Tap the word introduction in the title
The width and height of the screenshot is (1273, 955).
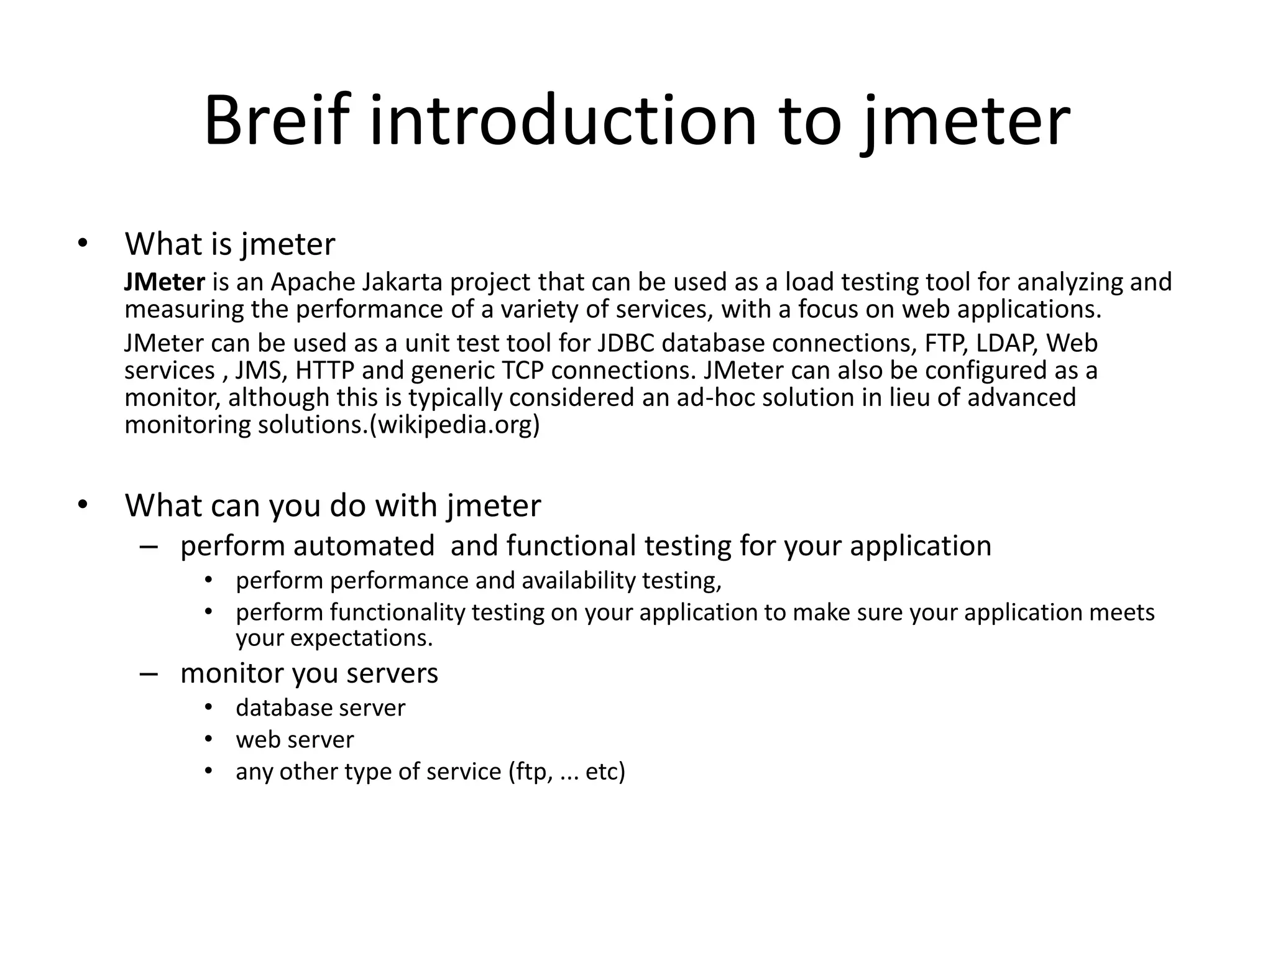click(563, 121)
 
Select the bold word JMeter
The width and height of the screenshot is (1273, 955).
click(164, 282)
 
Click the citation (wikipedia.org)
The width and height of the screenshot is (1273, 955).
click(454, 425)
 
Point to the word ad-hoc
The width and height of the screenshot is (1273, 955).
click(715, 398)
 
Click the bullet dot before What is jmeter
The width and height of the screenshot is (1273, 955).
click(83, 244)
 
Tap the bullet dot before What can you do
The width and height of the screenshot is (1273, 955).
click(83, 505)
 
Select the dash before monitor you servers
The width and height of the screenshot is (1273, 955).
click(149, 673)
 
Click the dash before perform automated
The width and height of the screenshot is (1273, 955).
click(149, 547)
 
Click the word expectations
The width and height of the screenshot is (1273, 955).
click(361, 639)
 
